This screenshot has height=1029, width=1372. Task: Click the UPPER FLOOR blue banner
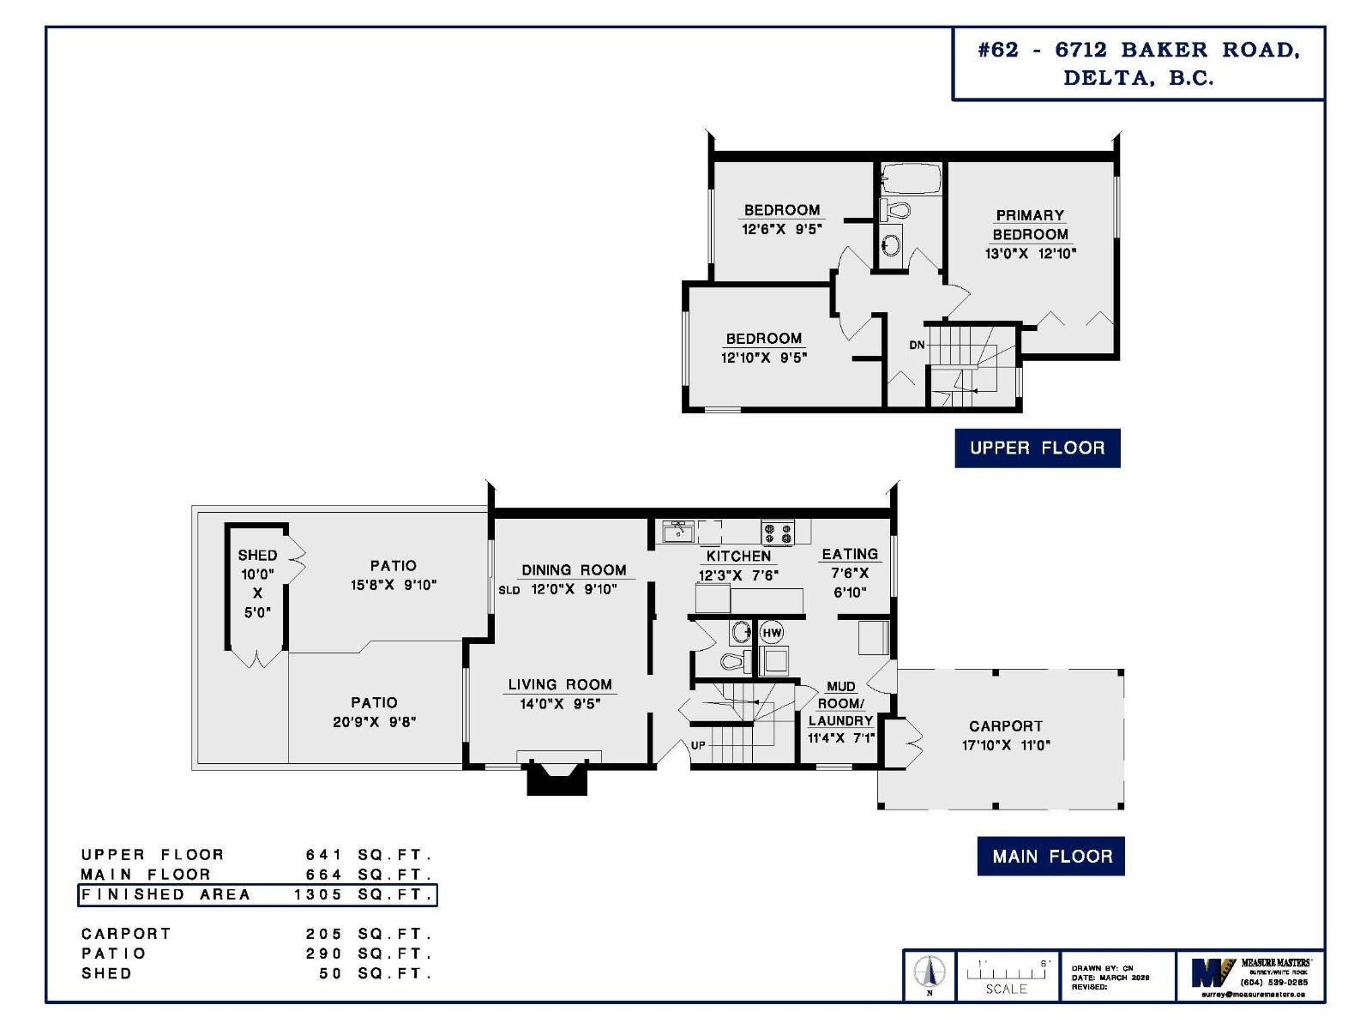(x=1037, y=448)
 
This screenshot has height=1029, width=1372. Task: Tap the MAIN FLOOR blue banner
(x=1050, y=856)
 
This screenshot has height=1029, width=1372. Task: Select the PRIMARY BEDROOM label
(x=1030, y=225)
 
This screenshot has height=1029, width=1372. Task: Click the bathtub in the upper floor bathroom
(x=911, y=179)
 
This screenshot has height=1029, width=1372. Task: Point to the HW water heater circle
(x=772, y=633)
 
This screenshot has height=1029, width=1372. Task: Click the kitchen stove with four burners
(x=778, y=533)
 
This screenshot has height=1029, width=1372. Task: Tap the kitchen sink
(x=678, y=532)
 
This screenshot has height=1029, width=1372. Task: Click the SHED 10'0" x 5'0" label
(x=257, y=583)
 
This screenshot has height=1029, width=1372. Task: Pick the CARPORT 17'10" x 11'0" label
(x=1005, y=735)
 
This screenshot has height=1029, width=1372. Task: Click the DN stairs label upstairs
(x=917, y=345)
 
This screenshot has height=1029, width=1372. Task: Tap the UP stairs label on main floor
(x=698, y=745)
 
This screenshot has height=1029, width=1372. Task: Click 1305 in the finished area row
(x=318, y=894)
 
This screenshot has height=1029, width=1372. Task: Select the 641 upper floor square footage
(x=324, y=855)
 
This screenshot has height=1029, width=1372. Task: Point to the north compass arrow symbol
(x=930, y=972)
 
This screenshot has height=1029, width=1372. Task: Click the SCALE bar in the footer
(x=1006, y=976)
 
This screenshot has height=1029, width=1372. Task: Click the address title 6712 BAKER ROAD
(x=1139, y=50)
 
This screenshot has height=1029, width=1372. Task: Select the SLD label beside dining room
(x=508, y=590)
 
